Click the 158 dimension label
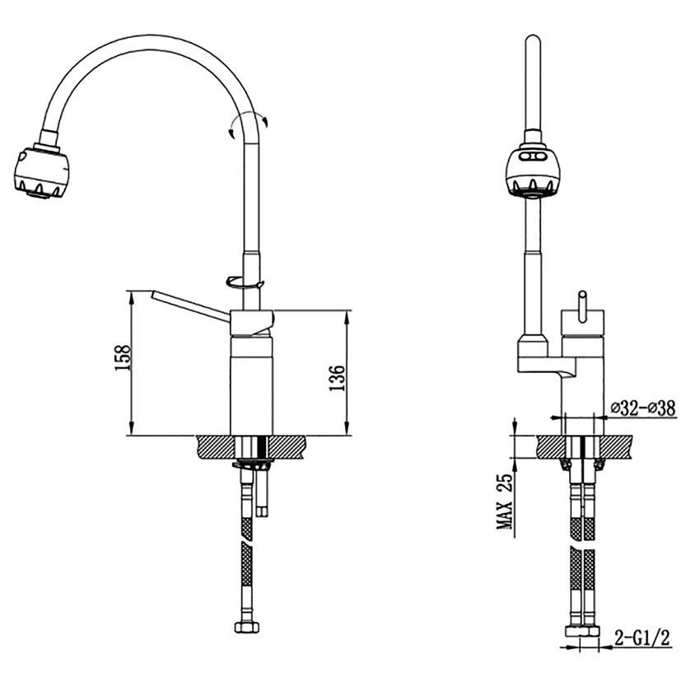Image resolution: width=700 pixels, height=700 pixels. coord(123,357)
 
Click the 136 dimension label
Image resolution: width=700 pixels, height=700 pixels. coord(338,378)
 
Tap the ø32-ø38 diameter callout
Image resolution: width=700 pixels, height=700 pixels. coord(643,408)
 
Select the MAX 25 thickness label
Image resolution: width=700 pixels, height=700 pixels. coord(506,502)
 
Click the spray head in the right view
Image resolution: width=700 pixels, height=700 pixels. coord(533,170)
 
